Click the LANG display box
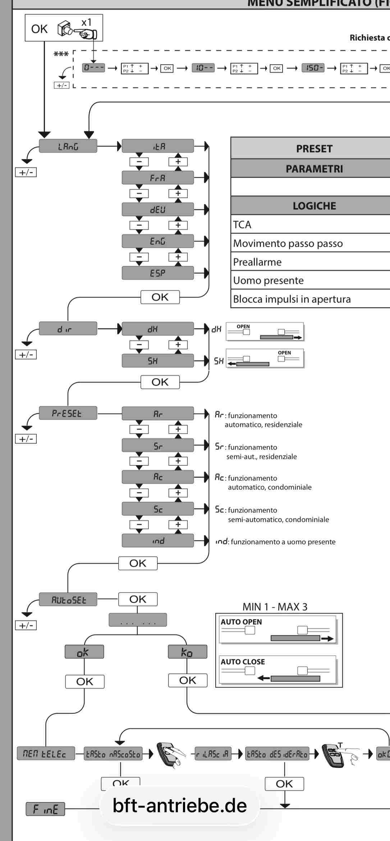(68, 146)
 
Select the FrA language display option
(157, 178)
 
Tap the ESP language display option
(157, 273)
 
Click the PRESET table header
(314, 148)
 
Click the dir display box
(68, 329)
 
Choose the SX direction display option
(157, 361)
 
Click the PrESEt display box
(68, 413)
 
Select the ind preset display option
(157, 541)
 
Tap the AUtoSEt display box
(68, 599)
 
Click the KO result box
(187, 652)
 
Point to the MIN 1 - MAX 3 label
(275, 607)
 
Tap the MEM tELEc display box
(46, 753)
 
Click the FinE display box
(45, 809)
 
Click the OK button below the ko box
(188, 680)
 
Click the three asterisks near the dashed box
(61, 55)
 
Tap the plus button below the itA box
(178, 161)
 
